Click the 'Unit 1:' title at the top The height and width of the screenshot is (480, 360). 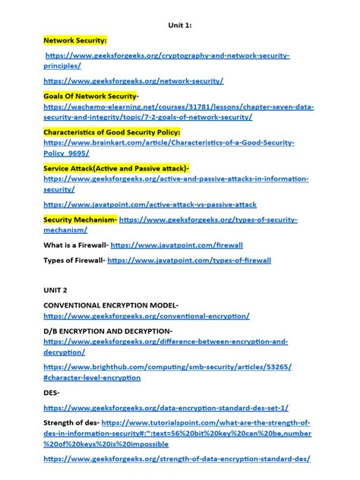coord(179,25)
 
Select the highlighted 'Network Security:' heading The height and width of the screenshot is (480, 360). coord(75,39)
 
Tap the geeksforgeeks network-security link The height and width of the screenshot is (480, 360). coord(134,81)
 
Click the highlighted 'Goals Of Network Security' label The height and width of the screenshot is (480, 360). coord(90,96)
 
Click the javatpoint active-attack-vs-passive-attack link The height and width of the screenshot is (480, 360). coord(150,204)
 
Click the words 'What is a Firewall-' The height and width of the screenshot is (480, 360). coord(75,245)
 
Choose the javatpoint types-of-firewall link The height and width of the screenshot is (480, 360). coord(189,261)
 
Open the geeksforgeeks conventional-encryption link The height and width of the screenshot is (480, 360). coord(147,316)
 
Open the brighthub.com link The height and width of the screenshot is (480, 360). coord(168,367)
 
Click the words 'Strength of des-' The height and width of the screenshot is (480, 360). coord(71,423)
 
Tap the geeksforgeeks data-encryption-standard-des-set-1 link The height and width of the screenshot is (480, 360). coord(166,408)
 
